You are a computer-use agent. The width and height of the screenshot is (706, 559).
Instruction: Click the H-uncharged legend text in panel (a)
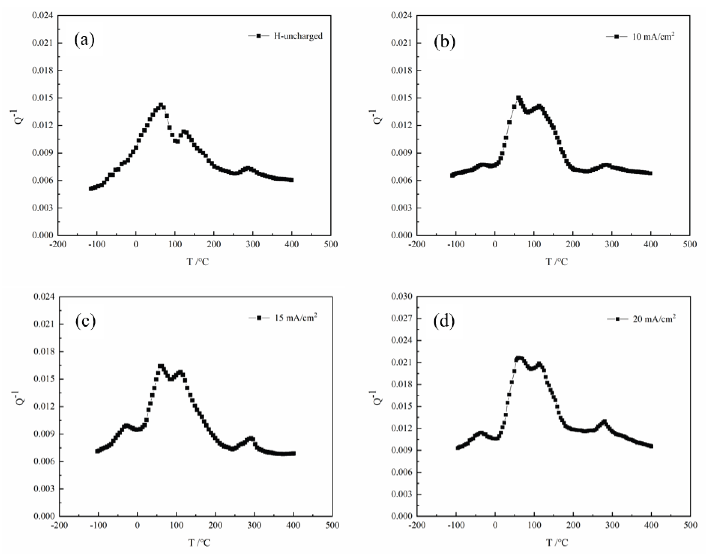click(x=298, y=36)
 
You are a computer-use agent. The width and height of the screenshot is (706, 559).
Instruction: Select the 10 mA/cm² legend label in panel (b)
click(x=653, y=36)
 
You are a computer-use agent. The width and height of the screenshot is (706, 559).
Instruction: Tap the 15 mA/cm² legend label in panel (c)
click(x=295, y=318)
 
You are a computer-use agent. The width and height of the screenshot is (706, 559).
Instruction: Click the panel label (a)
click(x=84, y=40)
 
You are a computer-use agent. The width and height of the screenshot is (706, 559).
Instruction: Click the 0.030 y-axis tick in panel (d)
click(x=402, y=297)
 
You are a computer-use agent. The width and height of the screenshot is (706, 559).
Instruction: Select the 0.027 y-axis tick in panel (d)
click(x=402, y=319)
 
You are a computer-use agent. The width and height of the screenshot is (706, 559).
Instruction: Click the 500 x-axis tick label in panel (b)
click(x=690, y=244)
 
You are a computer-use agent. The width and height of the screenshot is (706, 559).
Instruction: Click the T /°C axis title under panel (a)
click(x=198, y=262)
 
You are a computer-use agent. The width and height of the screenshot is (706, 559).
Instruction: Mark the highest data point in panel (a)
click(x=161, y=105)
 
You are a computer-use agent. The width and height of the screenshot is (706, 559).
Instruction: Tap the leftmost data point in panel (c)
click(x=97, y=451)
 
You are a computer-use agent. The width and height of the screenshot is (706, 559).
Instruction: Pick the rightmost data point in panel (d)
click(x=651, y=446)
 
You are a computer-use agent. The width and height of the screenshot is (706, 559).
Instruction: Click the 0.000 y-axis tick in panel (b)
click(x=402, y=235)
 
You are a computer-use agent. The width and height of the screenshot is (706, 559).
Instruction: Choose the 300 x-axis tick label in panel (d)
click(x=612, y=525)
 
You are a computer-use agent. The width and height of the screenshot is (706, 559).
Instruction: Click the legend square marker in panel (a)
click(x=259, y=36)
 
